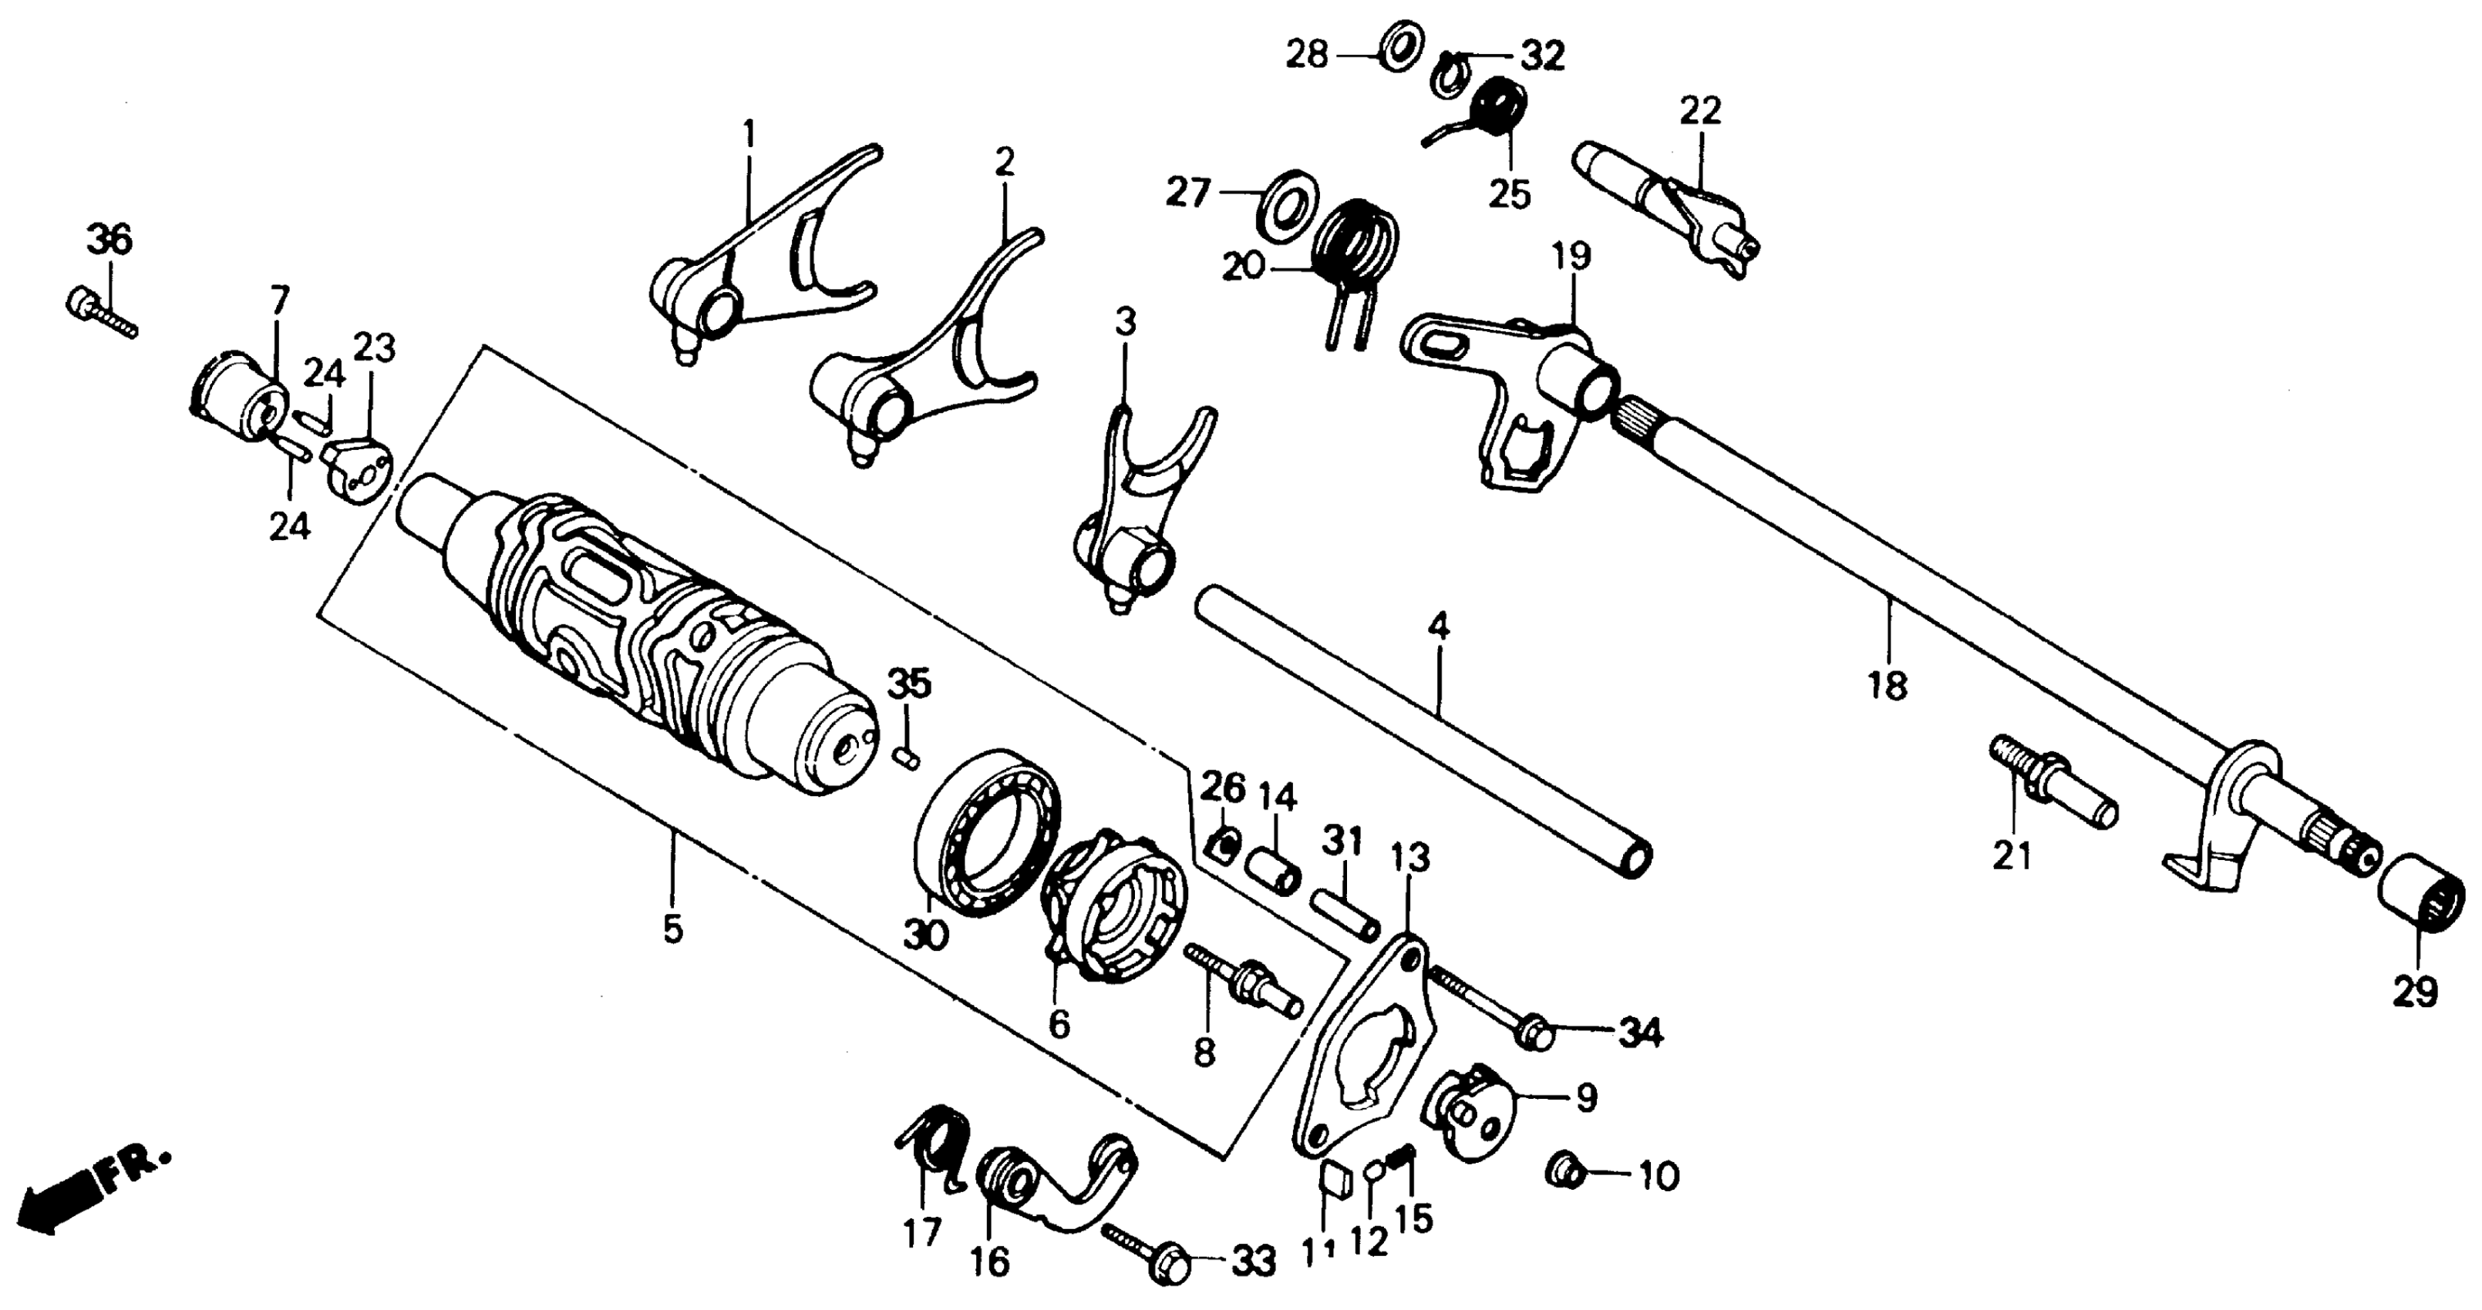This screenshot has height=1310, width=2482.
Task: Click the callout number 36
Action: click(109, 240)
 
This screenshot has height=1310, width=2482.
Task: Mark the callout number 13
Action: click(1410, 857)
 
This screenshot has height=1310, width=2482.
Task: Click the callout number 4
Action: click(1437, 628)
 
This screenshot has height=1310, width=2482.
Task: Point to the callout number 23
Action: click(374, 348)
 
